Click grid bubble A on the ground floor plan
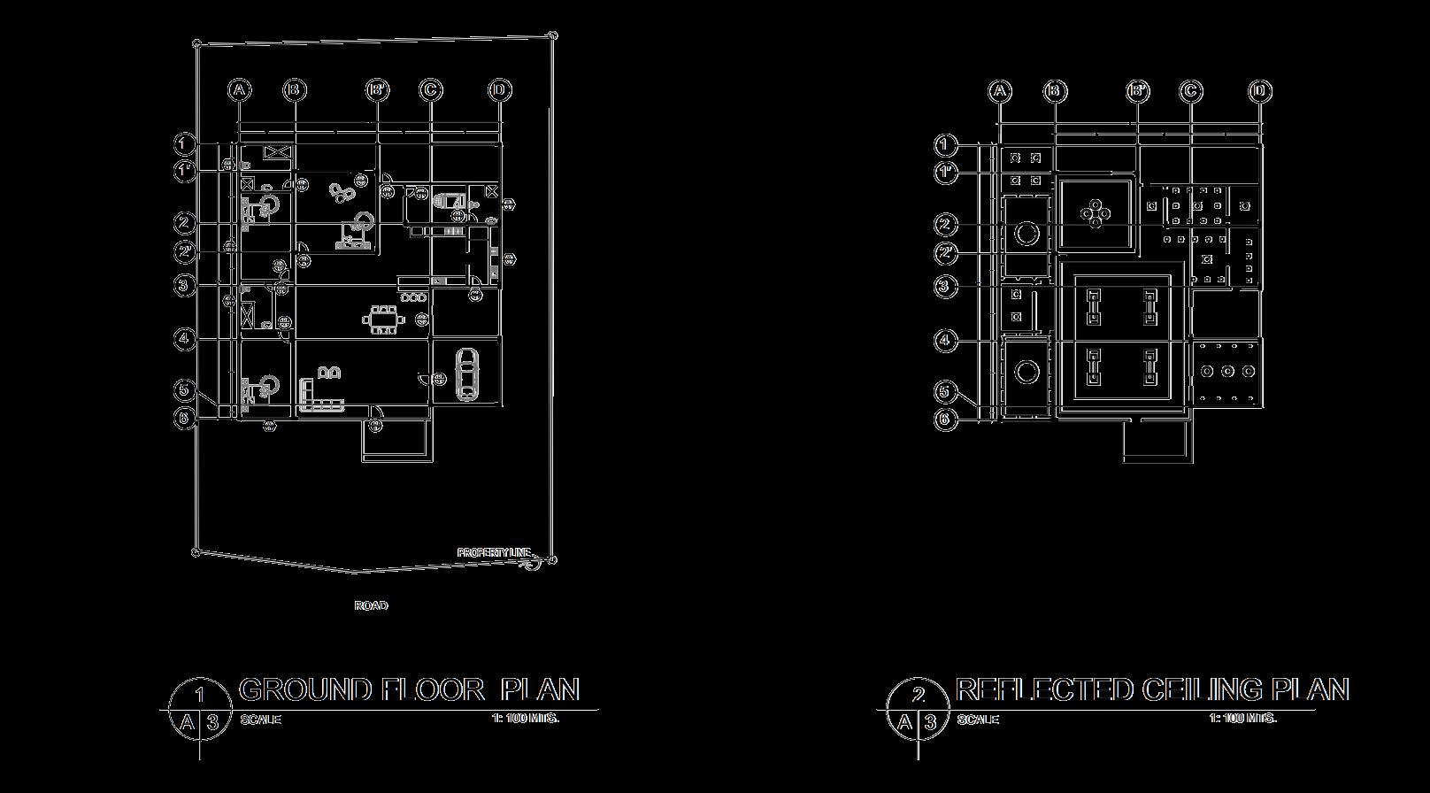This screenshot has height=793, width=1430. coord(239,89)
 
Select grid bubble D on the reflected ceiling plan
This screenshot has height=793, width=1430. coord(1261,91)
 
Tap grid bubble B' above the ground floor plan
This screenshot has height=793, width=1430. coord(378,89)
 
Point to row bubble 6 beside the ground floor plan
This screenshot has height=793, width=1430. coord(185,419)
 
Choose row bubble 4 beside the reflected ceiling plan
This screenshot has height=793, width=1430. coord(946,340)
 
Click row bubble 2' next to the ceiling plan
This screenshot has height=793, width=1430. coord(946,254)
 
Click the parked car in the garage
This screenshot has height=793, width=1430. coord(465,374)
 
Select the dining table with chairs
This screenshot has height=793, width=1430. coord(384,320)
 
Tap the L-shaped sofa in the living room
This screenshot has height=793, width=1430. coord(319,396)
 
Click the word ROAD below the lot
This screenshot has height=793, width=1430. coord(371,605)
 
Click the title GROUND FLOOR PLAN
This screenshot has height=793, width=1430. coord(409,689)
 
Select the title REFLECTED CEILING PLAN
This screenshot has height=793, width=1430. coord(1152,689)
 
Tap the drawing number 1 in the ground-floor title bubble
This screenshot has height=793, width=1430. coord(200,695)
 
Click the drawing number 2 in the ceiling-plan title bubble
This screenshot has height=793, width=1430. coord(918,695)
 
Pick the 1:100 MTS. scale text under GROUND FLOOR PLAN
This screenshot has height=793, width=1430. coord(526,718)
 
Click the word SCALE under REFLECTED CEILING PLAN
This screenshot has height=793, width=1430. coord(978,719)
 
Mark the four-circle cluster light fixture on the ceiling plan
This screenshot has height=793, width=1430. coord(1096,212)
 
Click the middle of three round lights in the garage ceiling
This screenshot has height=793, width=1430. coord(1227,371)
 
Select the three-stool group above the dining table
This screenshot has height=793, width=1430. coord(413,298)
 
